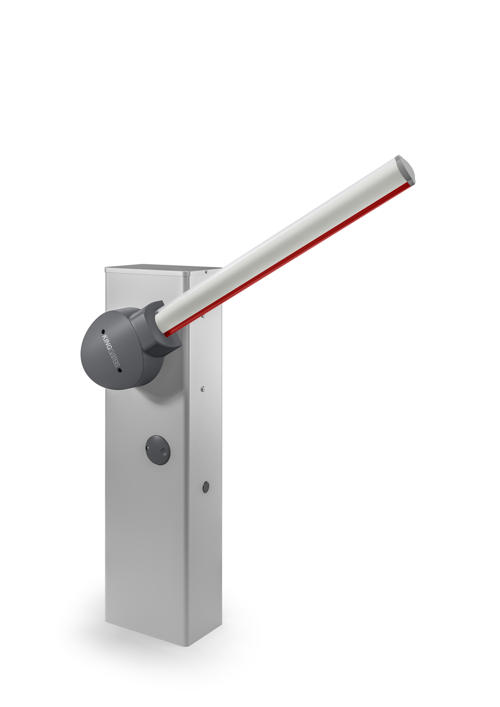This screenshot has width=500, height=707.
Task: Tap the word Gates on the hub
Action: tap(114, 359)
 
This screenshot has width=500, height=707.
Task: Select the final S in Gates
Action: tap(117, 367)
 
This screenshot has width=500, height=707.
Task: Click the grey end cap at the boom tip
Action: tap(406, 170)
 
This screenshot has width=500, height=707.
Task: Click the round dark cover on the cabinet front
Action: tap(157, 449)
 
